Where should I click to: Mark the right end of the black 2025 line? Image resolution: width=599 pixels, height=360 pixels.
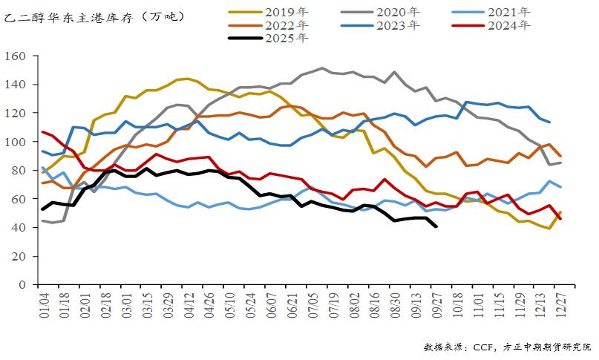tap(435, 226)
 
